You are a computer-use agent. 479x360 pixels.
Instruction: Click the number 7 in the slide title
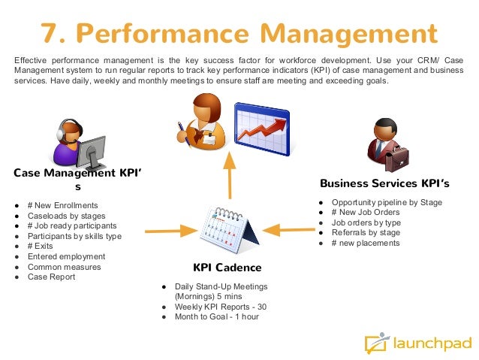pyautogui.click(x=50, y=32)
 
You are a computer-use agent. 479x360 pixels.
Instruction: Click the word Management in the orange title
pyautogui.click(x=330, y=33)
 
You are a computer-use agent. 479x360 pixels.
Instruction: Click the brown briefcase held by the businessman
pyautogui.click(x=398, y=155)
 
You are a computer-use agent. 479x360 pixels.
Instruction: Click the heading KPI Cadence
pyautogui.click(x=227, y=268)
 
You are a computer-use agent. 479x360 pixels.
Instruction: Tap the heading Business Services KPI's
pyautogui.click(x=384, y=183)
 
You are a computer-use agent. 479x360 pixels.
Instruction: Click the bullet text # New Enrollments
pyautogui.click(x=62, y=205)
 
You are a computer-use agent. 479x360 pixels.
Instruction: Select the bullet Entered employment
pyautogui.click(x=66, y=256)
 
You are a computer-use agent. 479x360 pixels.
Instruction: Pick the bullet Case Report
pyautogui.click(x=51, y=277)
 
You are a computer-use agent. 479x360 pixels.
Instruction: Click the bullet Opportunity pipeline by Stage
pyautogui.click(x=386, y=202)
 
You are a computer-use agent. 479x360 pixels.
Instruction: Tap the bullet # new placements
pyautogui.click(x=365, y=243)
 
